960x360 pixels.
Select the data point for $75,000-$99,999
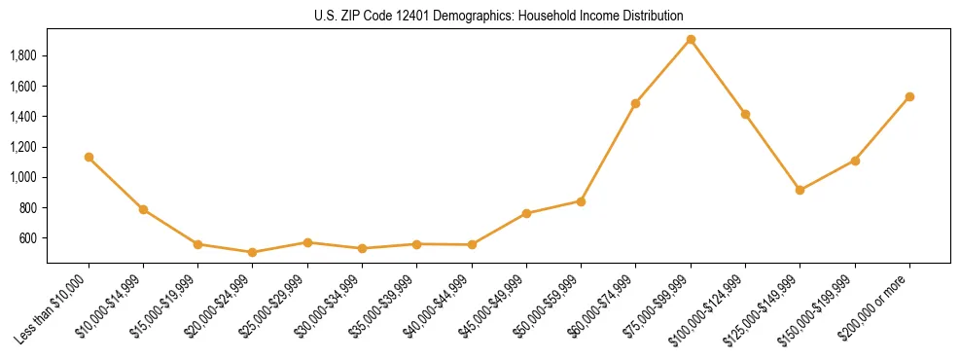(x=691, y=40)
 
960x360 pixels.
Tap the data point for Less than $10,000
(x=89, y=157)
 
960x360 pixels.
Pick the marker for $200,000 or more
(x=909, y=96)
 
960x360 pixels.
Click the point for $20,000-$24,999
(x=253, y=252)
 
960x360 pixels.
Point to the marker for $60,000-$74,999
(x=636, y=103)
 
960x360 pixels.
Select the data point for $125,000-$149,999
(x=800, y=190)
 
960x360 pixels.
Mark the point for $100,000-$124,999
(x=745, y=114)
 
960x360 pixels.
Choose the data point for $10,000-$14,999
(x=143, y=209)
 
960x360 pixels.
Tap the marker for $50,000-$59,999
(x=581, y=201)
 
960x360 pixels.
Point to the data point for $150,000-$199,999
(x=855, y=161)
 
